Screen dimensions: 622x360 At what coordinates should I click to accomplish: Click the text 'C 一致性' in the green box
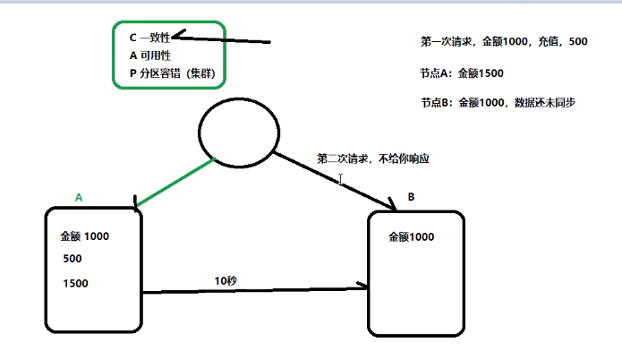point(149,38)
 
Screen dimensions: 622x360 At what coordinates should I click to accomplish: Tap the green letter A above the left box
point(79,196)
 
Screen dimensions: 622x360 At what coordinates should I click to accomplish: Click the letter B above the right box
point(412,196)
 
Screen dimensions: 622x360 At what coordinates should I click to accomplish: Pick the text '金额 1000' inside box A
point(84,236)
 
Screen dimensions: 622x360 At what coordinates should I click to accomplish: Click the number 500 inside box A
point(72,259)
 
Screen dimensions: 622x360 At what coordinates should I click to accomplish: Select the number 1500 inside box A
point(76,284)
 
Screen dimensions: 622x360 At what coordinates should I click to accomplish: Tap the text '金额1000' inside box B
point(412,237)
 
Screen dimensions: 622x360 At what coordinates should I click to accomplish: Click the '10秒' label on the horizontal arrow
point(225,279)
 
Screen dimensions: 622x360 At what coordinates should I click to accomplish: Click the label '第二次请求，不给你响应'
point(373,158)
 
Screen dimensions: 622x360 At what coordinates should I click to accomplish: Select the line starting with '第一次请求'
point(503,41)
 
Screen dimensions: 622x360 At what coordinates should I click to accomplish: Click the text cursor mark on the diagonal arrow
point(341,179)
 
